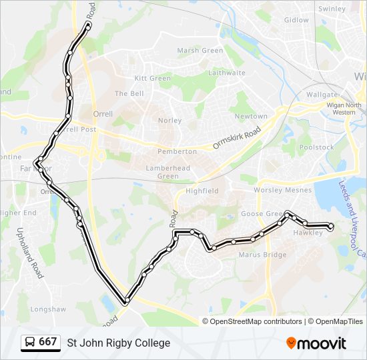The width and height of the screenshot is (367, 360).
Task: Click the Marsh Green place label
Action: (200, 51)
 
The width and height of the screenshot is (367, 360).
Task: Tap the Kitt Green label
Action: (153, 78)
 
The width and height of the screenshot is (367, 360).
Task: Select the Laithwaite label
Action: (223, 73)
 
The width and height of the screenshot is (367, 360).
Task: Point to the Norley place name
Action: (169, 121)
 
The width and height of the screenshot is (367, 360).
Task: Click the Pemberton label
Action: (177, 152)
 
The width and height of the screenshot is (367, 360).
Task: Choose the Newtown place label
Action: (251, 117)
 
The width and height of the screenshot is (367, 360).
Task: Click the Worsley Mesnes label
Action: (282, 190)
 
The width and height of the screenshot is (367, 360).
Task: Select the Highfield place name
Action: (202, 191)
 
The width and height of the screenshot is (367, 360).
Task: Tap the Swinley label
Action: (332, 9)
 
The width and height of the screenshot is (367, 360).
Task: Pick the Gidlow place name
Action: (297, 20)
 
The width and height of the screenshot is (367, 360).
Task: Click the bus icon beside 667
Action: (29, 342)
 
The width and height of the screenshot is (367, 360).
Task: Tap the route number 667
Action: (47, 342)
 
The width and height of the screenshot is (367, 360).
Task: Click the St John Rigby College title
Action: (118, 343)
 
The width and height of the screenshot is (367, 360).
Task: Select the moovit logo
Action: (316, 343)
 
